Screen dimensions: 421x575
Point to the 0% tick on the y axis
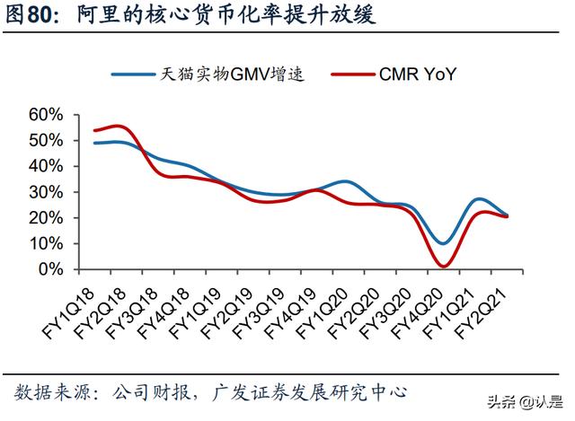[x=51, y=269]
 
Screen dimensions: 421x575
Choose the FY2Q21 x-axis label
[x=491, y=306]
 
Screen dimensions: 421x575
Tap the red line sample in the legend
[x=346, y=75]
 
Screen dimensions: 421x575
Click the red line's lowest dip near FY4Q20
[x=442, y=266]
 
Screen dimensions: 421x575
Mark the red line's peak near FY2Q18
[x=120, y=126]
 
